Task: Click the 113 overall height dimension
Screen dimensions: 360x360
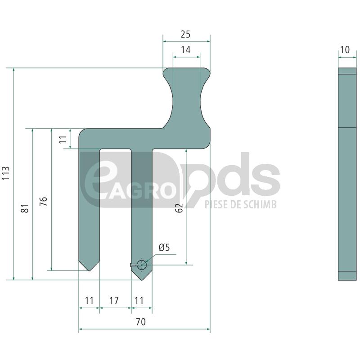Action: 6,173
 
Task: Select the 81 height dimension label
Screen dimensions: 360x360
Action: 25,208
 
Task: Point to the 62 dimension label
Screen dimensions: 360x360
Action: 180,208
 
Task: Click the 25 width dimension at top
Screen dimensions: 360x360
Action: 185,34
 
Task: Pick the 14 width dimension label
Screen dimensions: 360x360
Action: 185,50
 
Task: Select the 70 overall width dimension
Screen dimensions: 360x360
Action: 141,322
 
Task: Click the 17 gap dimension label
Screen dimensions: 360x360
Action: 114,301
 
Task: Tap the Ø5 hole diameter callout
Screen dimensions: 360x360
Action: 164,247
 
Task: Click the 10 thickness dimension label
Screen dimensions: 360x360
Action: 345,50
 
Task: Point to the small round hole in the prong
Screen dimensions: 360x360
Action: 142,265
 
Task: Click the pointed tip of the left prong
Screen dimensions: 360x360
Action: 89,270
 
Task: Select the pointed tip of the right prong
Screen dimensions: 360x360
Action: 141,279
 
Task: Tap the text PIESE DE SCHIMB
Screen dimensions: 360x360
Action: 240,205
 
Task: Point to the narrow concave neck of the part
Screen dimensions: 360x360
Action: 186,97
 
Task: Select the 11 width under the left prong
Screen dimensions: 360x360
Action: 89,301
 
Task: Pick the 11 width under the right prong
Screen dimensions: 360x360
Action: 139,301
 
